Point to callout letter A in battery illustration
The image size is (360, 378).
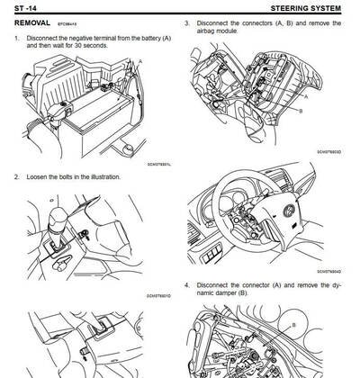tap(140, 60)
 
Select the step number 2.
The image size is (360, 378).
tap(17, 176)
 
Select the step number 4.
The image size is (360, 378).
tap(186, 286)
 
